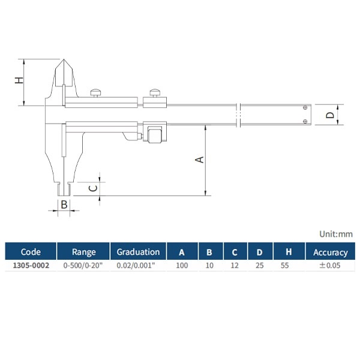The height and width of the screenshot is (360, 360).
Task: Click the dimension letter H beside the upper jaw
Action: click(x=19, y=80)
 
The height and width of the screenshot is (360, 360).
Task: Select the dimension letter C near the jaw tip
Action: click(x=93, y=188)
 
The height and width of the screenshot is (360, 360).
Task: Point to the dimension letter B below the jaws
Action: click(x=64, y=205)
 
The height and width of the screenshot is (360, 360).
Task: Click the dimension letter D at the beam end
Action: click(x=330, y=115)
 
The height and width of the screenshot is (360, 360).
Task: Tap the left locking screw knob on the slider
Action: click(x=96, y=93)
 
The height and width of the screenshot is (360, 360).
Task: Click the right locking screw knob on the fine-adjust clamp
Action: click(x=155, y=93)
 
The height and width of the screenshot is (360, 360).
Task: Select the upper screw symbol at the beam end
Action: click(x=305, y=107)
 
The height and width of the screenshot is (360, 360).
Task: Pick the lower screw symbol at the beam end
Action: click(x=305, y=121)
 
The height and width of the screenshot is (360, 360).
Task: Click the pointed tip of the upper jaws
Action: click(x=64, y=59)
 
